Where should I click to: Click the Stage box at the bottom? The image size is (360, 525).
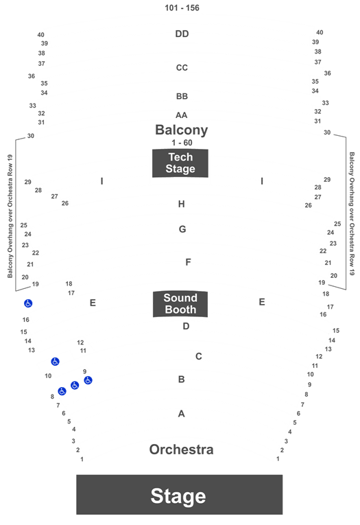pyautogui.click(x=180, y=494)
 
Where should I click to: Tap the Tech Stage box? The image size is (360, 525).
pyautogui.click(x=180, y=163)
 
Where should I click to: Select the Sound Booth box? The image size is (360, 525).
pyautogui.click(x=180, y=304)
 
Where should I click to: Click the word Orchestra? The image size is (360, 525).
pyautogui.click(x=181, y=450)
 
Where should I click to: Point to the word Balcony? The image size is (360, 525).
pyautogui.click(x=181, y=130)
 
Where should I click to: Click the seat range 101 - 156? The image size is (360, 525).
pyautogui.click(x=182, y=8)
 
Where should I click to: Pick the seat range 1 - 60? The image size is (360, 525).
pyautogui.click(x=182, y=143)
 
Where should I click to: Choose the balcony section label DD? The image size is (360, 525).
pyautogui.click(x=182, y=34)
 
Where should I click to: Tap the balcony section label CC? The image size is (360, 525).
pyautogui.click(x=182, y=68)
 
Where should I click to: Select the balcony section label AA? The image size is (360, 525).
pyautogui.click(x=181, y=115)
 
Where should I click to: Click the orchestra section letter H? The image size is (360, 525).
pyautogui.click(x=181, y=204)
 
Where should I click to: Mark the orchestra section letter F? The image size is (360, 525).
pyautogui.click(x=188, y=262)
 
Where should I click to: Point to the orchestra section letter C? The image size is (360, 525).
pyautogui.click(x=199, y=356)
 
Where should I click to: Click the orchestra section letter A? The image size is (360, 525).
pyautogui.click(x=181, y=414)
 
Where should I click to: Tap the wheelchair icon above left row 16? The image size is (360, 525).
pyautogui.click(x=28, y=303)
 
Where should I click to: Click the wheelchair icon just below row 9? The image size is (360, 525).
pyautogui.click(x=88, y=380)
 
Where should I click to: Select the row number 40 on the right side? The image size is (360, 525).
pyautogui.click(x=320, y=32)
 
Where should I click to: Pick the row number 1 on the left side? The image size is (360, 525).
pyautogui.click(x=82, y=459)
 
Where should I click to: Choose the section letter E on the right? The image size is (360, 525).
pyautogui.click(x=262, y=302)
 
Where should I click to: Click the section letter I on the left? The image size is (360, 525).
pyautogui.click(x=101, y=181)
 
